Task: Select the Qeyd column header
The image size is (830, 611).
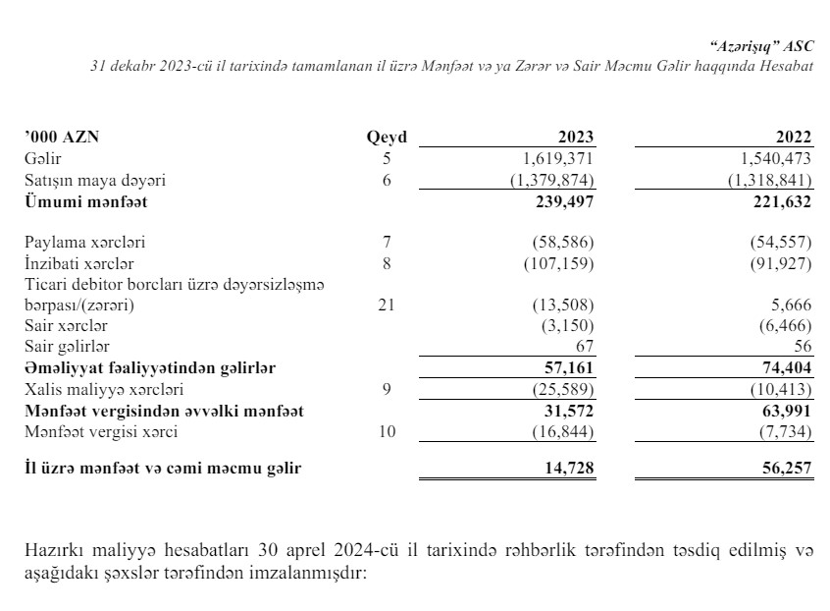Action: (x=386, y=139)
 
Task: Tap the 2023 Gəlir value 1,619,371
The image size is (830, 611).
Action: (x=555, y=158)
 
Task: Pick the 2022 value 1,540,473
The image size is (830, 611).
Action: (x=771, y=158)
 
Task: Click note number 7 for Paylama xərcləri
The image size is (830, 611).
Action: (x=386, y=242)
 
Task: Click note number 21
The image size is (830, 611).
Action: (x=386, y=305)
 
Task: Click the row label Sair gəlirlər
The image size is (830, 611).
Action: (x=66, y=347)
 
